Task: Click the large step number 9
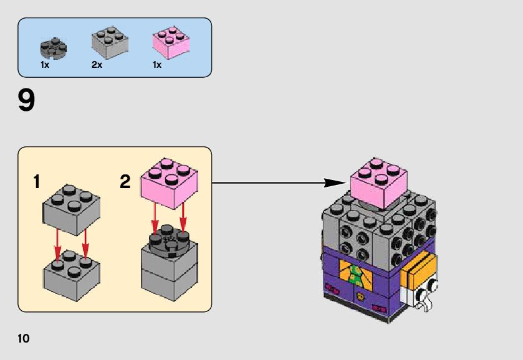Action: [26, 101]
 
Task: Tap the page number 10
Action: [24, 339]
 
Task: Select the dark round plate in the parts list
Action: [54, 46]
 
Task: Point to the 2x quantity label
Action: [97, 65]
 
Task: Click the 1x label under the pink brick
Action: [157, 65]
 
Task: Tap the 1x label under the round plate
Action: [46, 65]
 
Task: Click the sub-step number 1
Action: [37, 182]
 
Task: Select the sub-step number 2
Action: [125, 182]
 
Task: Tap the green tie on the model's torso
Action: [355, 275]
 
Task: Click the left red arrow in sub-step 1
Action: [57, 244]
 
